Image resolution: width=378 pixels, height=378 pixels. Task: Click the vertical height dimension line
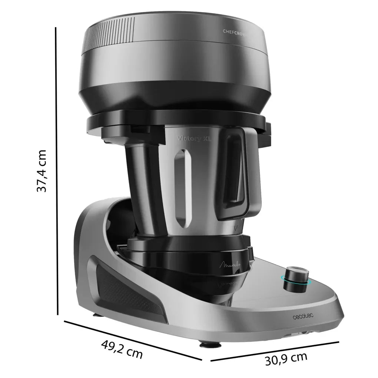pos(57,170)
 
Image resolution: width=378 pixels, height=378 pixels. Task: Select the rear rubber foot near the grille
pos(97,315)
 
